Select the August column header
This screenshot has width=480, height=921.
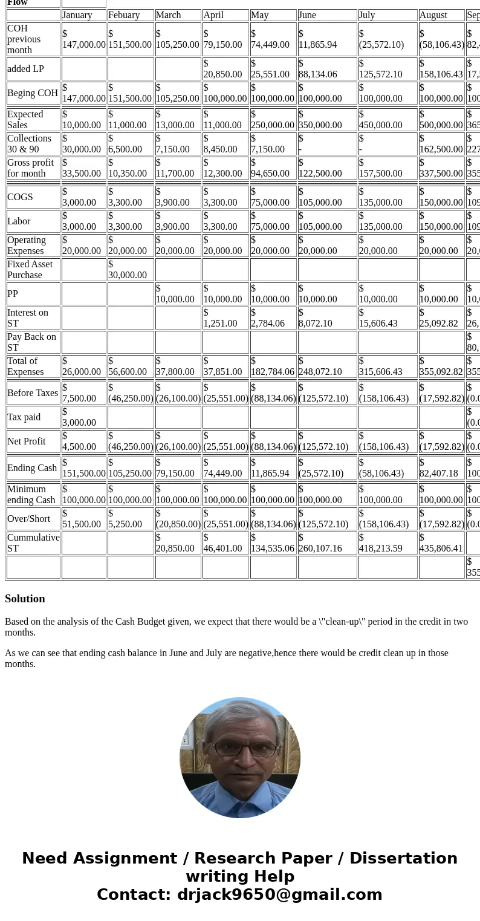[433, 15]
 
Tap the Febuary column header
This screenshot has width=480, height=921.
[124, 15]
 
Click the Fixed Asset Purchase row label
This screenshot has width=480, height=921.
[30, 270]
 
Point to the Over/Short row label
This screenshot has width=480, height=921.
[29, 519]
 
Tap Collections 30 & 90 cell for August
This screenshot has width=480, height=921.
[441, 144]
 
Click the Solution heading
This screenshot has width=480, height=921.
[25, 599]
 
